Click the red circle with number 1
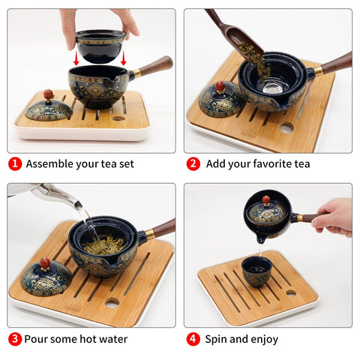point(15,163)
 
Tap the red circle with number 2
point(193,163)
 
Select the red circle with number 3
point(15,339)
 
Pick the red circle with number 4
point(193,339)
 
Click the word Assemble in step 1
point(51,163)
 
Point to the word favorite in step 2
point(266,163)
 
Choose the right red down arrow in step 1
point(123,58)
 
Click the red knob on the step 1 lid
point(48,94)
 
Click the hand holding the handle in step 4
point(334,216)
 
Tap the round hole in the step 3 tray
point(112,303)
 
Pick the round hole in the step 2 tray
point(286,128)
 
